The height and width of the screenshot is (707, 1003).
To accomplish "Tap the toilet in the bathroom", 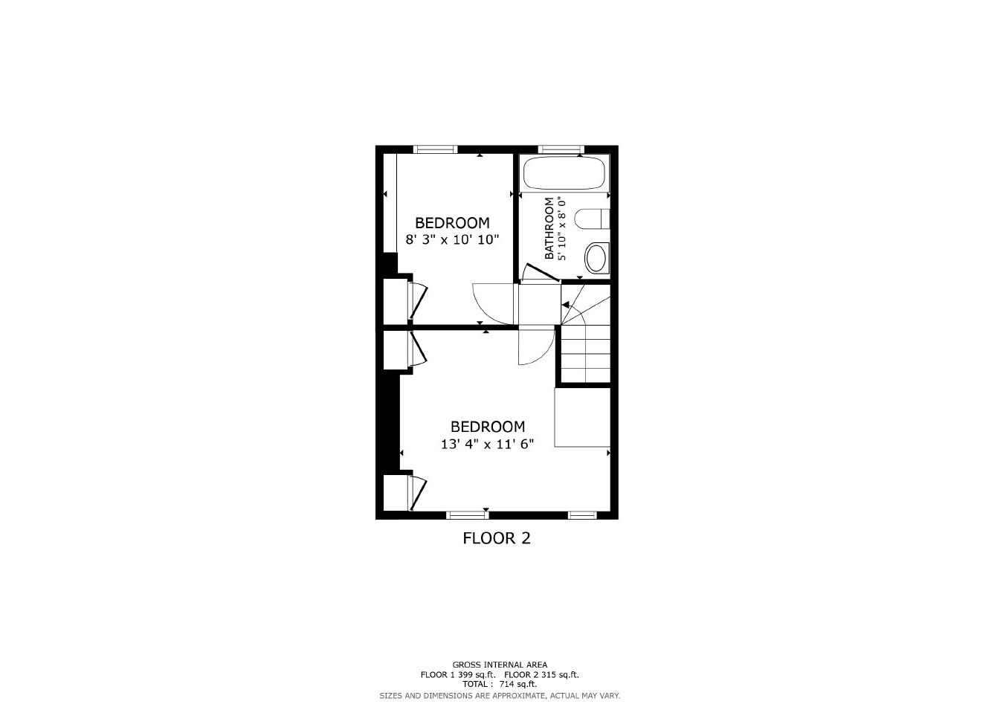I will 593,219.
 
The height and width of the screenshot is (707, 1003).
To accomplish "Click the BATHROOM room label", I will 549,228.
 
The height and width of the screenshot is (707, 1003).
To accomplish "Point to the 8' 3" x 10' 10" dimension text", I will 452,239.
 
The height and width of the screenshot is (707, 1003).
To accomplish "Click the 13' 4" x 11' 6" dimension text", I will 487,444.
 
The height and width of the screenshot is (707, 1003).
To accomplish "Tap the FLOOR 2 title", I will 497,537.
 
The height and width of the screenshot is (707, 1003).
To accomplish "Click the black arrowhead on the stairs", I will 566,305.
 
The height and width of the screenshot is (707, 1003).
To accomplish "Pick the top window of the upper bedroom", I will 435,149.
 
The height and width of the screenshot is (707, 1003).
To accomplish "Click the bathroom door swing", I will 538,273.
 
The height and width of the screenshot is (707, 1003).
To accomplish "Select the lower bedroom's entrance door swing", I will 536,346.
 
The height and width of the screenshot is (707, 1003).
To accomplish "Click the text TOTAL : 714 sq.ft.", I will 500,684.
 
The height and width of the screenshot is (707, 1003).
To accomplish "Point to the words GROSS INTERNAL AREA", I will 500,665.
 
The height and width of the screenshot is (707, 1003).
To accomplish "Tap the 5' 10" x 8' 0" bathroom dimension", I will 562,228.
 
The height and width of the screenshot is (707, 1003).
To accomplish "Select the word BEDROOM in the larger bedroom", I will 487,427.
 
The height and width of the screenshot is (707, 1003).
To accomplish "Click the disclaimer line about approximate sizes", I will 500,695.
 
